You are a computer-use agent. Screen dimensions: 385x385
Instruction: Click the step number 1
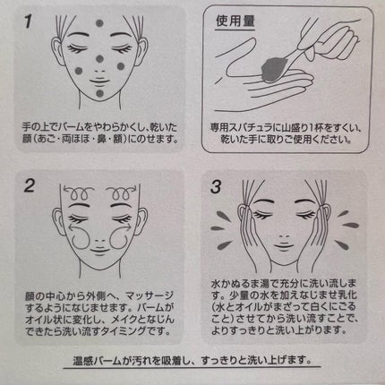[28, 21]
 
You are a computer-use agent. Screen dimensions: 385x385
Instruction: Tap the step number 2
[30, 186]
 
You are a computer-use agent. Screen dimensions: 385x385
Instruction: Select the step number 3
[216, 187]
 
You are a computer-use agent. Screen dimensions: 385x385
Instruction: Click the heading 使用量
[235, 21]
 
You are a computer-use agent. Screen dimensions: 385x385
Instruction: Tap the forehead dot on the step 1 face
[99, 23]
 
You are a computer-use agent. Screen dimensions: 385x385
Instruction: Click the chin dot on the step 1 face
[99, 93]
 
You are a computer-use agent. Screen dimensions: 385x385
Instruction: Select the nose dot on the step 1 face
[99, 59]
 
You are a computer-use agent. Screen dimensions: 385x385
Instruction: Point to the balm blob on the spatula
[274, 69]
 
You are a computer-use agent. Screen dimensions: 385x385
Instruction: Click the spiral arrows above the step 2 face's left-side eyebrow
[79, 192]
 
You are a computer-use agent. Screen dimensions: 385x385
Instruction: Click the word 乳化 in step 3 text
[346, 295]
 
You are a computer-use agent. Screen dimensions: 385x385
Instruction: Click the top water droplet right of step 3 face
[343, 213]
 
